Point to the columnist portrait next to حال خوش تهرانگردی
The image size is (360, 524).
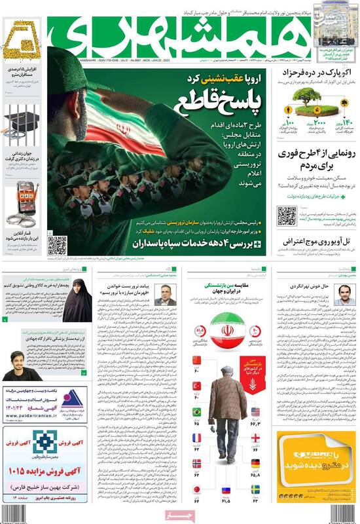341,295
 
